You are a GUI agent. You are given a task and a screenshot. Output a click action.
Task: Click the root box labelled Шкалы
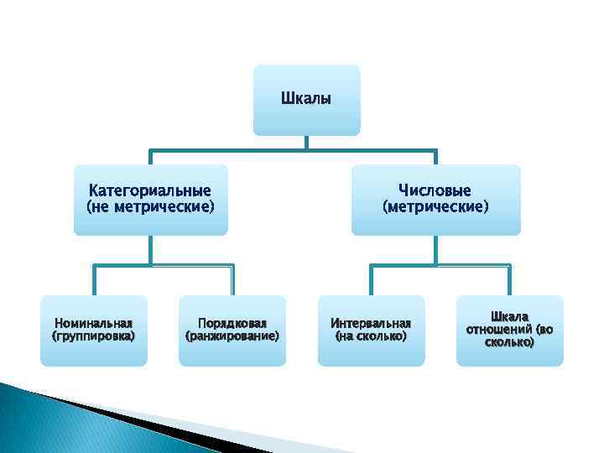[306, 100]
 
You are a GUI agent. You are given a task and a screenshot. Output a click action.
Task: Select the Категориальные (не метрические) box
[150, 199]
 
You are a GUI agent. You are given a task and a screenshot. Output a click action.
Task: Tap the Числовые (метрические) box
[435, 199]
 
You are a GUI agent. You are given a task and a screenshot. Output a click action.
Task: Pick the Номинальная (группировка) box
[93, 330]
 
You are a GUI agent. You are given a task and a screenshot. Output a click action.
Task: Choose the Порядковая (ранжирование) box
[232, 330]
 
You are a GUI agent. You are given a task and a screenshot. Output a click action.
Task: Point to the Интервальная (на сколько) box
[371, 330]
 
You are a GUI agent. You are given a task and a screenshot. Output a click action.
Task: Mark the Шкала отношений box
[509, 330]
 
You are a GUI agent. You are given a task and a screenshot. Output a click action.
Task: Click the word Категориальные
[150, 191]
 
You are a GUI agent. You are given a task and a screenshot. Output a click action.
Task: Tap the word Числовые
[435, 191]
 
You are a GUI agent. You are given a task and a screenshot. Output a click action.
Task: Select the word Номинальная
[93, 323]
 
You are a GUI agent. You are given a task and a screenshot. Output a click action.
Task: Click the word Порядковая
[232, 323]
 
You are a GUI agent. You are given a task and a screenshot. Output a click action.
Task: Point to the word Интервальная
[371, 323]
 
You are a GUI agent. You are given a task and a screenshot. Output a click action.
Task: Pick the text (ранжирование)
[232, 336]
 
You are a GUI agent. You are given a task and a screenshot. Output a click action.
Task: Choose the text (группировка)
[93, 336]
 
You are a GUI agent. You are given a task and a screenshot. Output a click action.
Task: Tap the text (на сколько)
[371, 336]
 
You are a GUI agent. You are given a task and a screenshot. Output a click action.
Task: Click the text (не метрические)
[150, 206]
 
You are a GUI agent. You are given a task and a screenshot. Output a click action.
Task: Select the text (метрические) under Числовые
[435, 206]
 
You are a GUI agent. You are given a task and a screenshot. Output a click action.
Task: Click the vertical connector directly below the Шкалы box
[306, 143]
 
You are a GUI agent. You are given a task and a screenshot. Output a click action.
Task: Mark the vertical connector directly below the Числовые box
[435, 250]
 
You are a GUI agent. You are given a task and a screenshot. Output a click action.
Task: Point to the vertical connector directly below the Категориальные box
[150, 250]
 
